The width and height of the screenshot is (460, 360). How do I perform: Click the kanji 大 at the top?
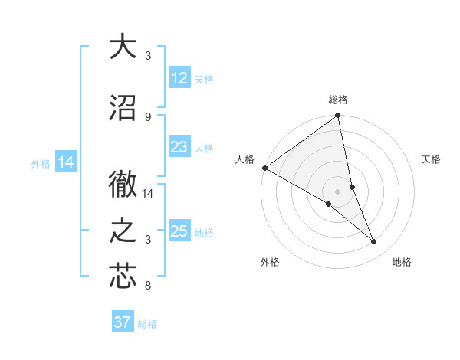point(123,47)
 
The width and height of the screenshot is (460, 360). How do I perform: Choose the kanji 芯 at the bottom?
point(123,276)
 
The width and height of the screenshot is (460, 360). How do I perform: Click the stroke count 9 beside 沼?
point(147,116)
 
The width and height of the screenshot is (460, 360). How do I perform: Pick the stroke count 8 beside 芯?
point(147,286)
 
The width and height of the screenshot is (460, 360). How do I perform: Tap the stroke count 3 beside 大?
point(147,56)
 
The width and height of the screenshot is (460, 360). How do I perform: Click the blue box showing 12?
point(179,78)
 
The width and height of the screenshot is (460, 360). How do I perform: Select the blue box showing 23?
point(179,147)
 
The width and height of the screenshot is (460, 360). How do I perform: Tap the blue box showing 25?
point(179,231)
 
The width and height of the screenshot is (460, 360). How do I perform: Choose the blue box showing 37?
point(123,322)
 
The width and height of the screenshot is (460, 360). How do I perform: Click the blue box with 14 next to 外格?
point(66,162)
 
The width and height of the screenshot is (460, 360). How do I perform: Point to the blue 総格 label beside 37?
point(147,324)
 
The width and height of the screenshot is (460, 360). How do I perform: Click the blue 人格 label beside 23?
point(205,148)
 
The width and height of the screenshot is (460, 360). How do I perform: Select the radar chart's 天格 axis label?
point(432,159)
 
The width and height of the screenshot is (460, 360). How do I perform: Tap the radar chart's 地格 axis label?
point(402,262)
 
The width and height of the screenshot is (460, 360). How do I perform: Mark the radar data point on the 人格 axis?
point(264,167)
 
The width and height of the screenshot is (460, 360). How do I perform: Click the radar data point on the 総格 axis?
point(338,116)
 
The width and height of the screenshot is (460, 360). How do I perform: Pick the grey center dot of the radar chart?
point(337,191)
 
